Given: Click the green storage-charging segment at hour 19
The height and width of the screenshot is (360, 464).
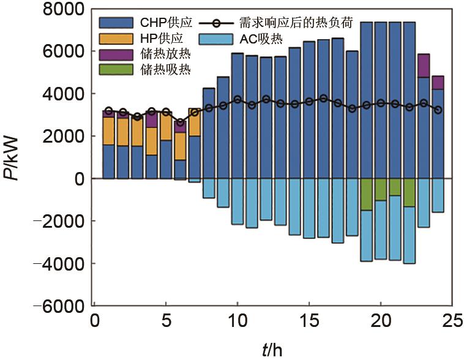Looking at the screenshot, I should tap(367, 194).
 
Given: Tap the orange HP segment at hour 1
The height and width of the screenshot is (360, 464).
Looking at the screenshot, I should tap(108, 130).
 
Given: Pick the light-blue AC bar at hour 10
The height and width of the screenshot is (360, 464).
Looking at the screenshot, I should tap(238, 201).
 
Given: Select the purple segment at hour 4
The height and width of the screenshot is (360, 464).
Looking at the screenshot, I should tap(151, 119).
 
